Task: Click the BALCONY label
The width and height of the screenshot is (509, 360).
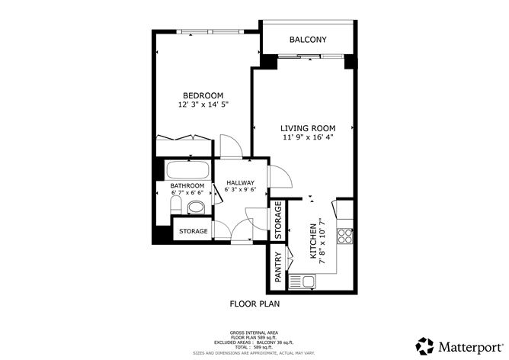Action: [308, 40]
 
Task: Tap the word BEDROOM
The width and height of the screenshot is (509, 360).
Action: [202, 95]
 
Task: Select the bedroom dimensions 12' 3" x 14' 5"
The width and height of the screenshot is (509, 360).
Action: [203, 104]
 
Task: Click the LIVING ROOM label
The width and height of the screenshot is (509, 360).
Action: [307, 128]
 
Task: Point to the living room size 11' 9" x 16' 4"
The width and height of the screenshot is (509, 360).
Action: [307, 137]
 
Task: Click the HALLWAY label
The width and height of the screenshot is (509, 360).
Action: [240, 183]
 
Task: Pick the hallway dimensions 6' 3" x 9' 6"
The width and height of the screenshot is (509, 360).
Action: [240, 191]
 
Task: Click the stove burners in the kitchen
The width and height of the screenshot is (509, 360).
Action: [344, 235]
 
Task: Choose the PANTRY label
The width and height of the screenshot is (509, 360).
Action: [279, 269]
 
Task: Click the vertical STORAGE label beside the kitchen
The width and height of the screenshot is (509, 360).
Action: [279, 220]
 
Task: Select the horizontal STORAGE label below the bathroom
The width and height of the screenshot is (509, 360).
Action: [194, 231]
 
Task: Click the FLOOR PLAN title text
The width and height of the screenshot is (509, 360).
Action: [254, 304]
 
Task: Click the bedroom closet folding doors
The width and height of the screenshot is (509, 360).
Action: [184, 137]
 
